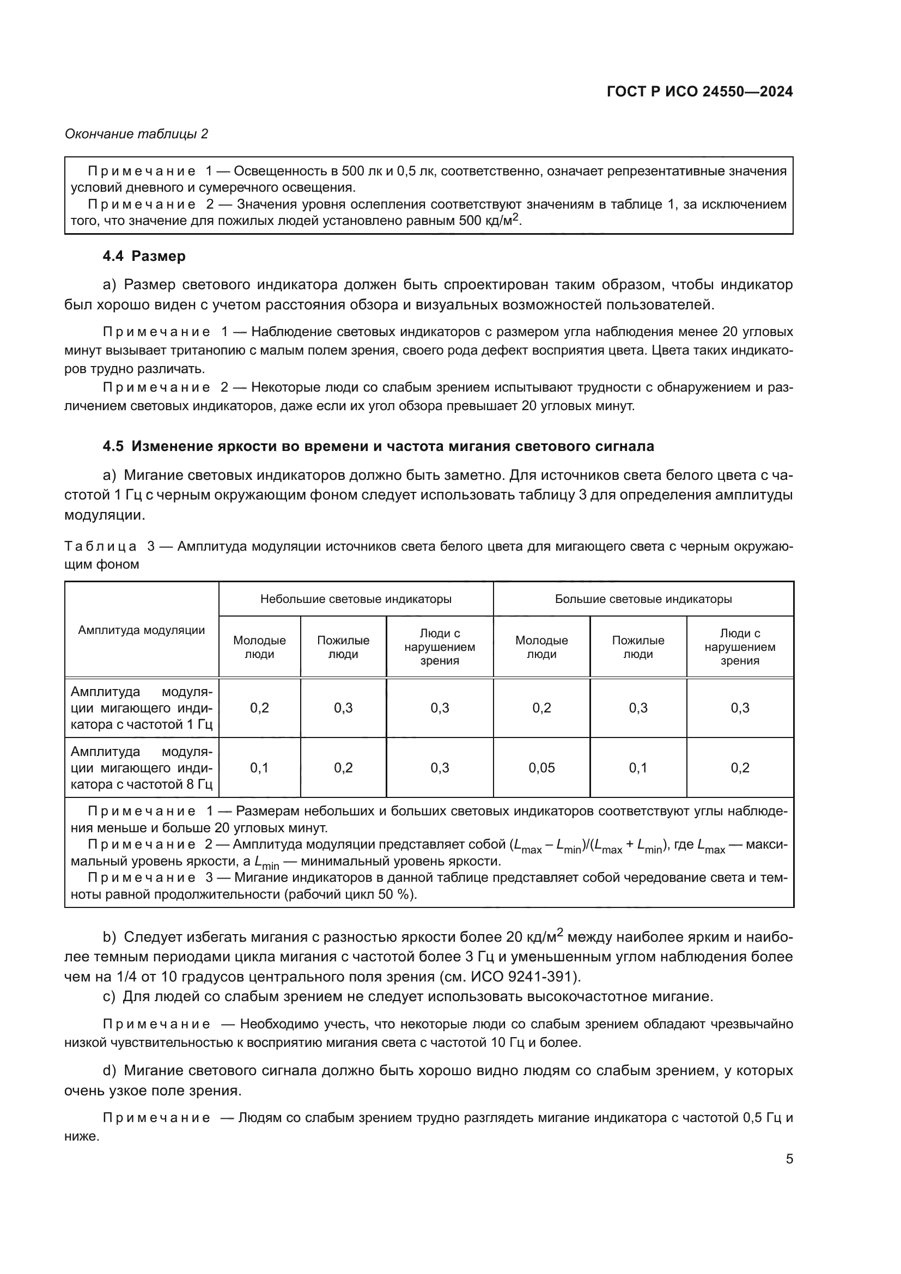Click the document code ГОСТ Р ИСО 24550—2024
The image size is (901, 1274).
pos(699,92)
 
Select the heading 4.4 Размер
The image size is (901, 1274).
pos(144,257)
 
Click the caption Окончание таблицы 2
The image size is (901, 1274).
pos(137,134)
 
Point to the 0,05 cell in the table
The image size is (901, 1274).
pos(541,768)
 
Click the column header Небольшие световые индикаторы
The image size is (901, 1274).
pos(356,599)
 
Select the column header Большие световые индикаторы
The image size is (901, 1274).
pos(643,599)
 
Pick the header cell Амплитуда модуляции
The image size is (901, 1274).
pos(142,630)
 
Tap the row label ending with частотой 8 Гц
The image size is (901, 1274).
pos(142,768)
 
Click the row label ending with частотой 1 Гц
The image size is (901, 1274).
pos(142,708)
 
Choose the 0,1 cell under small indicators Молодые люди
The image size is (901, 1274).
pos(259,768)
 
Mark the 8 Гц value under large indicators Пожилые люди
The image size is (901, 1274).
pos(638,768)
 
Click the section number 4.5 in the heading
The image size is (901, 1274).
pos(114,446)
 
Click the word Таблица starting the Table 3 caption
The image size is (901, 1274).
pos(100,546)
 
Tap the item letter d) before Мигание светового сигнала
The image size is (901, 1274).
pos(109,1070)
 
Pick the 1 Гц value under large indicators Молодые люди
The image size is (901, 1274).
pos(541,708)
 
